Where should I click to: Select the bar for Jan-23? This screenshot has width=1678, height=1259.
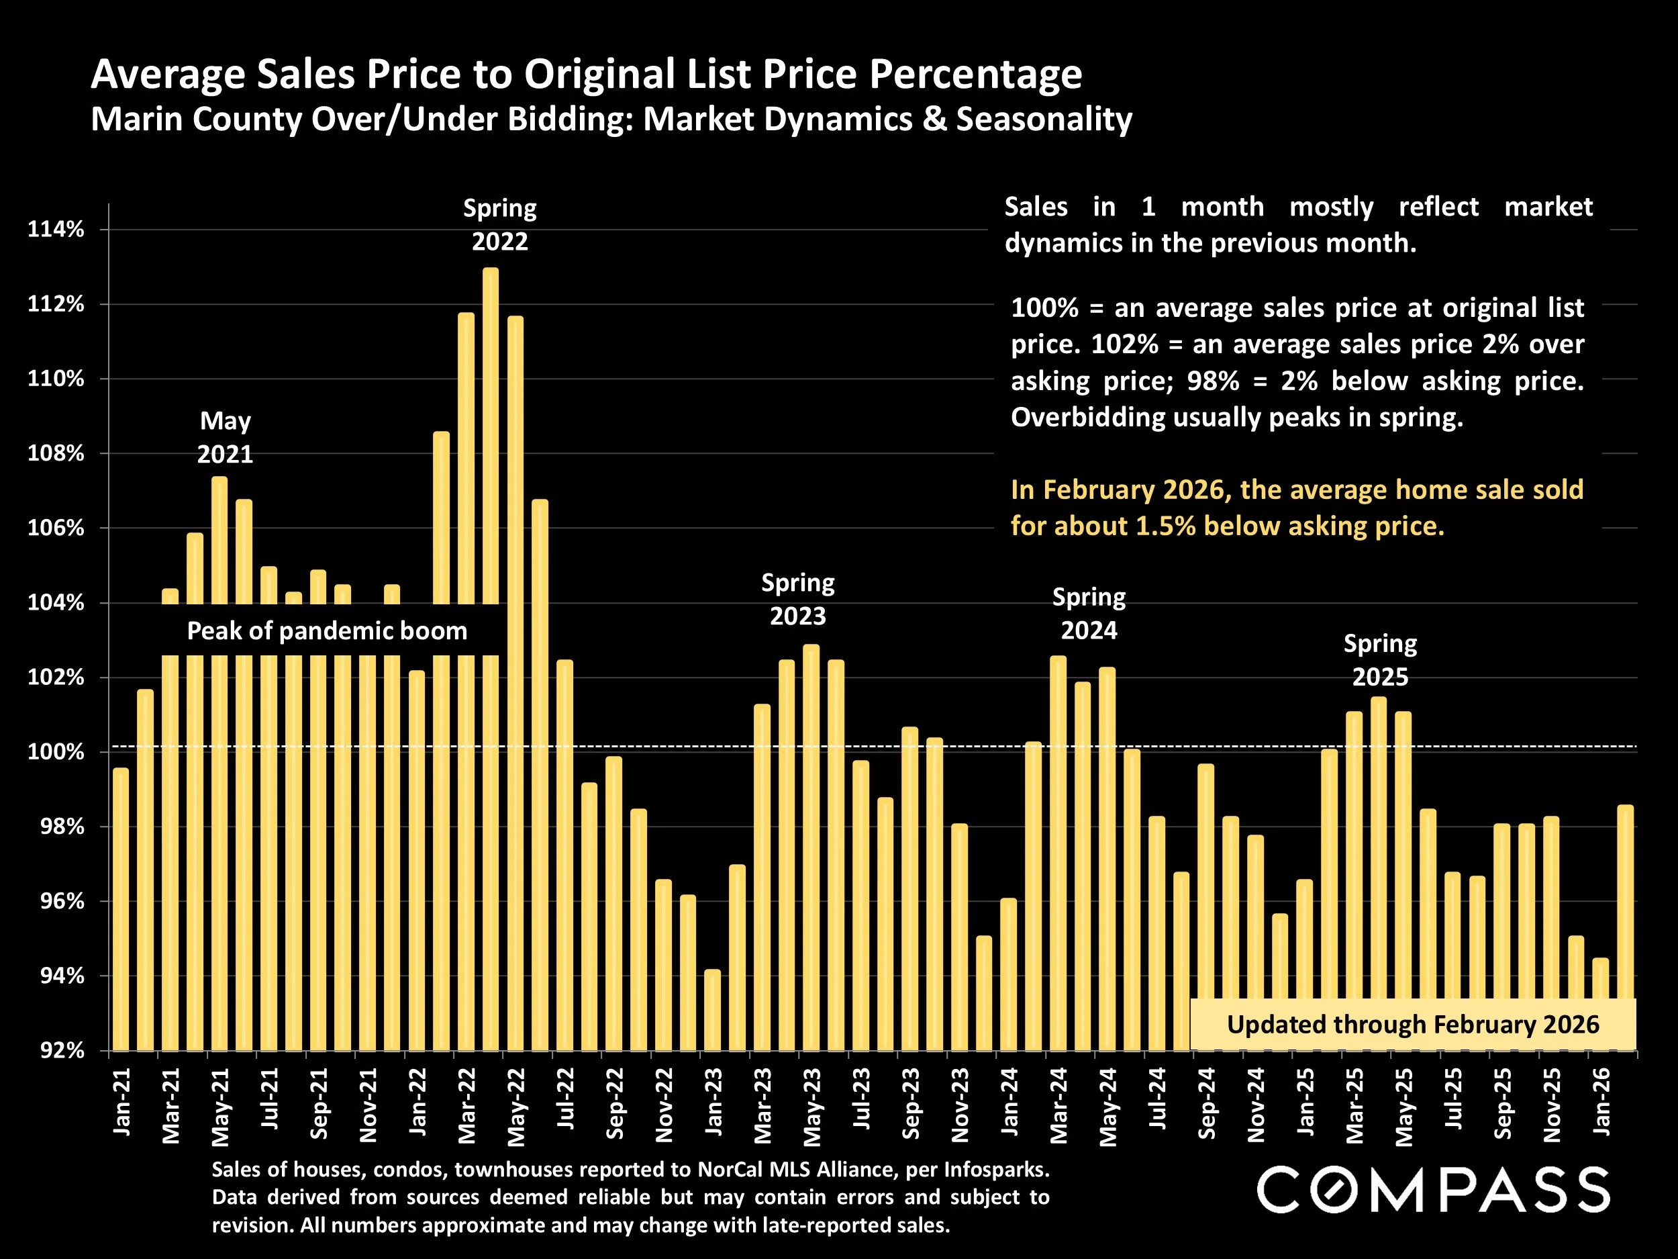pyautogui.click(x=712, y=1010)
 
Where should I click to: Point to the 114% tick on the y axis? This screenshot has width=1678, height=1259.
pyautogui.click(x=56, y=229)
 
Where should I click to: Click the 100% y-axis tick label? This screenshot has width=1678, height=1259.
pyautogui.click(x=56, y=752)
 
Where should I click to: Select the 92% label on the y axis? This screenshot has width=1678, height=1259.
pyautogui.click(x=59, y=1050)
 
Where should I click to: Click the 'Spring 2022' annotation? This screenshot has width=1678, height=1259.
pyautogui.click(x=500, y=225)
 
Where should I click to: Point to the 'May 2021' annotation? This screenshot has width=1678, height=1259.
pyautogui.click(x=226, y=437)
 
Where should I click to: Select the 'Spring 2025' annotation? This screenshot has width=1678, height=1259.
pyautogui.click(x=1380, y=660)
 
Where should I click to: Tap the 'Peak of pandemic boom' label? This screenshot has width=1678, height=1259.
pyautogui.click(x=327, y=631)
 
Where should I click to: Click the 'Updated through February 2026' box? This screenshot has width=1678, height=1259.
pyautogui.click(x=1412, y=1025)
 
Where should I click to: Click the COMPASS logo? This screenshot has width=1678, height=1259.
pyautogui.click(x=1433, y=1190)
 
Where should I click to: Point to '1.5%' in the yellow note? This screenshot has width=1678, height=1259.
pyautogui.click(x=1165, y=526)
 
